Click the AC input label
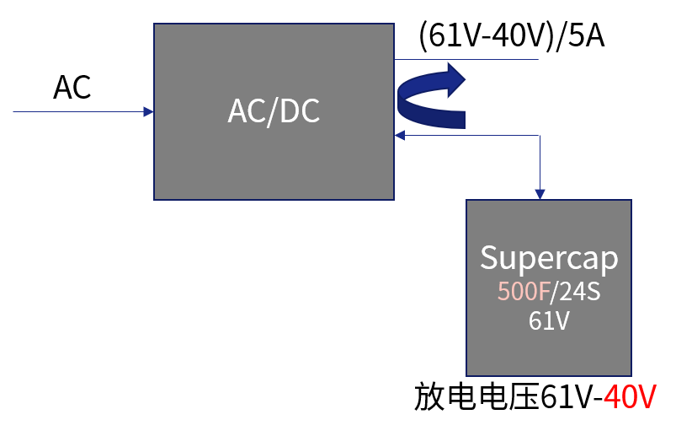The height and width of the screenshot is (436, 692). coord(72,87)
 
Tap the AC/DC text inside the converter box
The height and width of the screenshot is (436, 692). coord(274,111)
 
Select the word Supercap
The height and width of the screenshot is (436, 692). coord(549,258)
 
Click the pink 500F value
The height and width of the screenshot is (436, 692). coord(522,292)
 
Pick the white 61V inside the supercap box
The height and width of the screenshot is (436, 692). coord(549,321)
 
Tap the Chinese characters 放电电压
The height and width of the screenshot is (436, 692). coord(476,397)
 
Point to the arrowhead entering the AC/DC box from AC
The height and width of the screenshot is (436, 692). coord(149,111)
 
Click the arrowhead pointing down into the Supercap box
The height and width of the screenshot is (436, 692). coord(540,195)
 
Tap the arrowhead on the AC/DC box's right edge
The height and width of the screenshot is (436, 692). coord(399,135)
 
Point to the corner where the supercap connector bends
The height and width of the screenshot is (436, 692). coord(540,135)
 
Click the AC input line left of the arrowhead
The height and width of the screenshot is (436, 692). coord(76,111)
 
